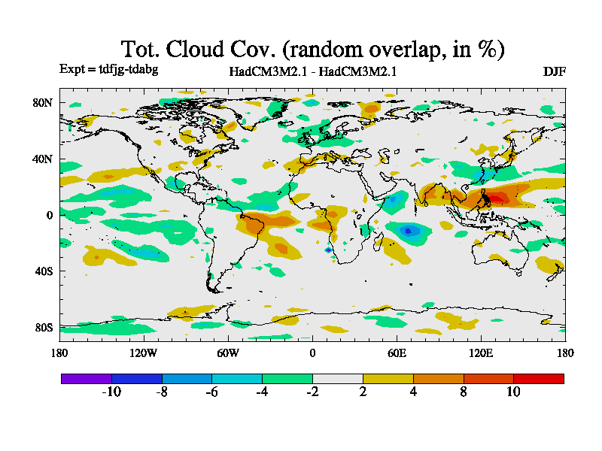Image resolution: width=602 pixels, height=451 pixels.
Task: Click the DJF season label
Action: (554, 71)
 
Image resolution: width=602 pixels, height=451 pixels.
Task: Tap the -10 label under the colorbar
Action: (111, 392)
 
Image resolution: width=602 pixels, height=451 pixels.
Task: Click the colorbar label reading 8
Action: (464, 392)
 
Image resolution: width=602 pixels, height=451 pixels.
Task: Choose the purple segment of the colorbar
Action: (86, 378)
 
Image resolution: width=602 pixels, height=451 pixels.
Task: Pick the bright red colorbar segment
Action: (539, 378)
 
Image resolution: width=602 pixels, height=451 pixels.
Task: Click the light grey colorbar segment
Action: (337, 378)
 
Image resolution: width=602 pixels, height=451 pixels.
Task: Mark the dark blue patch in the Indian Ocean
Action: (409, 231)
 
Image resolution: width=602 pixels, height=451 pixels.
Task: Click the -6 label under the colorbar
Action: (211, 392)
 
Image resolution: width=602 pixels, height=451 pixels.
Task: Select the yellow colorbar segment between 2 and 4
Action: (388, 378)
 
